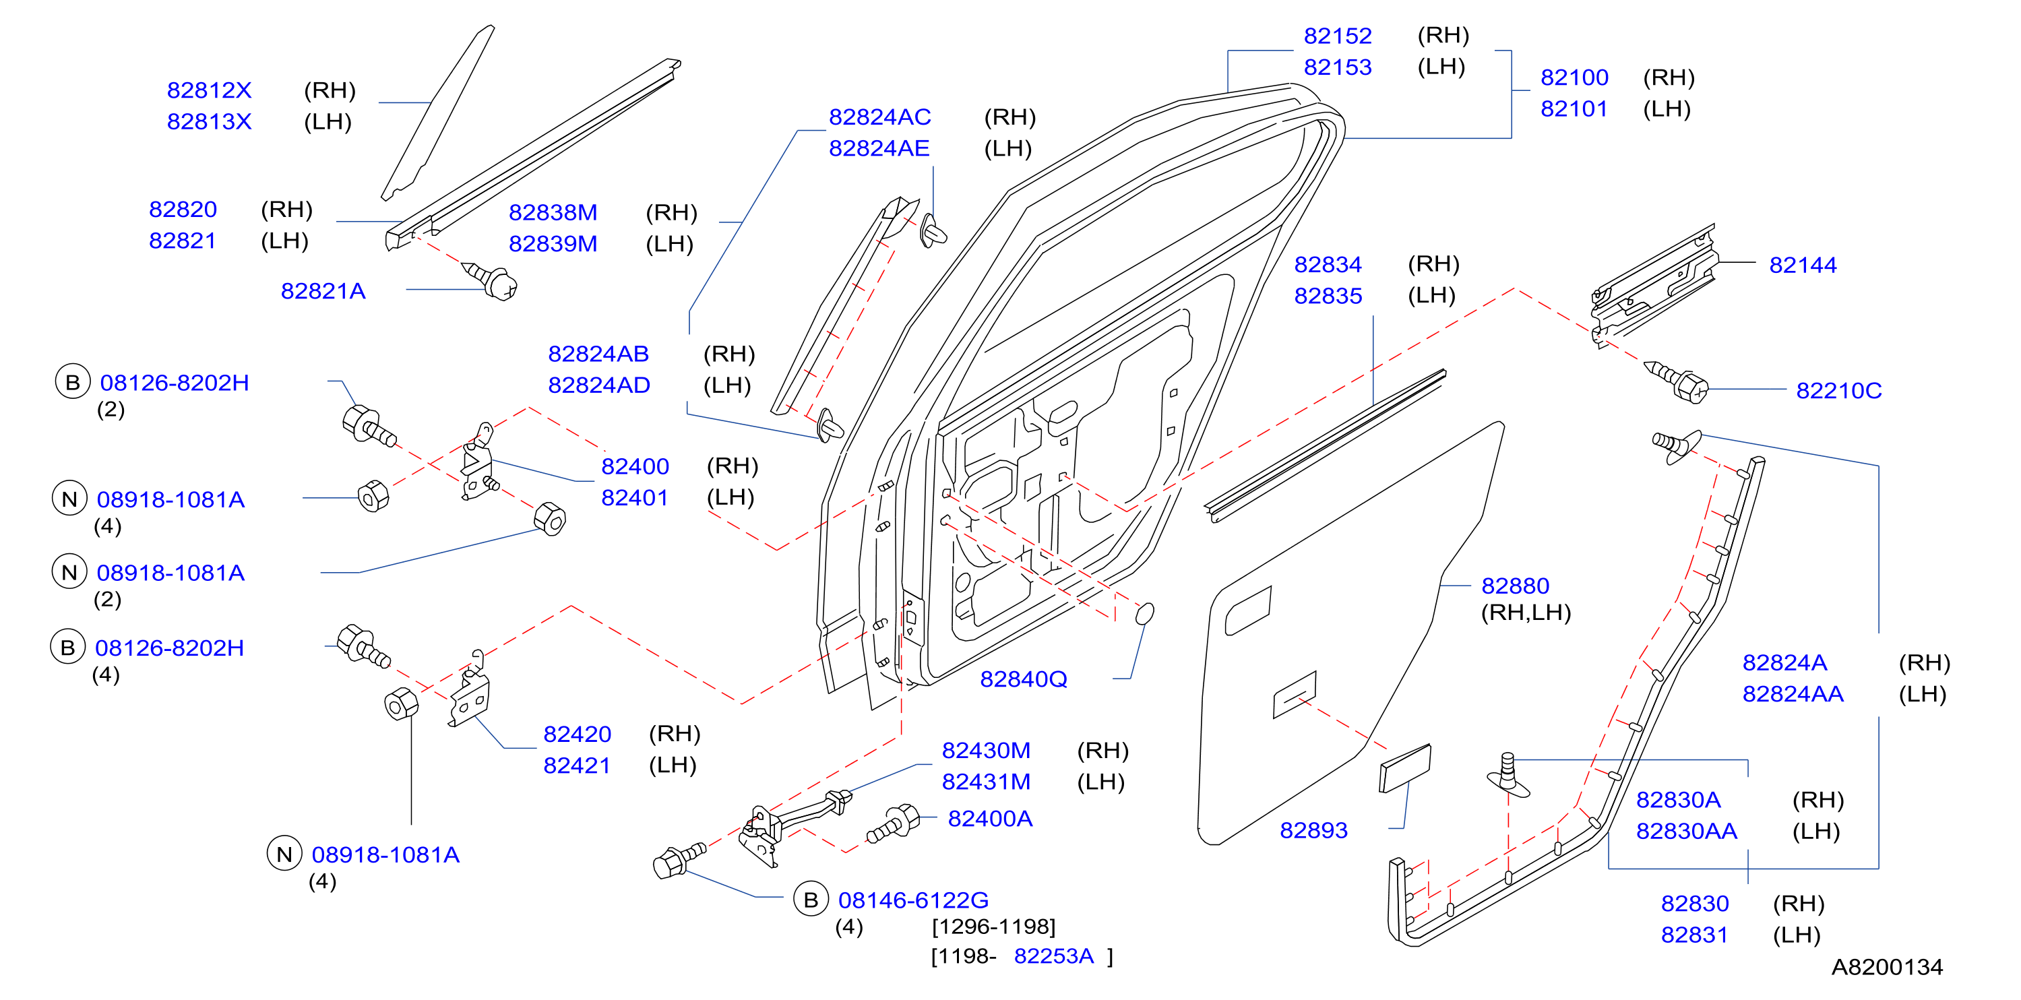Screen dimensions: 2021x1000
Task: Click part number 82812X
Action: [x=209, y=90]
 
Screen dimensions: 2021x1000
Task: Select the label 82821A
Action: [x=323, y=291]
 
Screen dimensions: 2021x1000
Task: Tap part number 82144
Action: [x=1803, y=265]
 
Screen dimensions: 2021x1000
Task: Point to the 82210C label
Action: [x=1839, y=391]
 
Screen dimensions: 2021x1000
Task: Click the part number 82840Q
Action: [x=1024, y=679]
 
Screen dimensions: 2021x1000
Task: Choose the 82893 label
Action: [x=1313, y=830]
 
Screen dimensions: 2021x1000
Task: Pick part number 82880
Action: [x=1515, y=586]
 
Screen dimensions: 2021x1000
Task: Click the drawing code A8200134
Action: [x=1887, y=967]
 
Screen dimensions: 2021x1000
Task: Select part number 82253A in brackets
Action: [x=1054, y=956]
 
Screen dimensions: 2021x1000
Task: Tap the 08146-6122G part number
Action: [x=913, y=900]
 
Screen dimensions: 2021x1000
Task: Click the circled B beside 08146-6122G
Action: [x=811, y=900]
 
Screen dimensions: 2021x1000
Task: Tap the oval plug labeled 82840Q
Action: [x=1145, y=613]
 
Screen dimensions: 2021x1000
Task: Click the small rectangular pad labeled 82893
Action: [x=1405, y=769]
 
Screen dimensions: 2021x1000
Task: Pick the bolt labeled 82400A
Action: [x=894, y=823]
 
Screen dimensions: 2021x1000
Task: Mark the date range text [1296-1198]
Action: [x=993, y=927]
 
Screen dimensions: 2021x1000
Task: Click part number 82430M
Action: [x=986, y=751]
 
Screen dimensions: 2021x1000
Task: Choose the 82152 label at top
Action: [x=1338, y=36]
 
